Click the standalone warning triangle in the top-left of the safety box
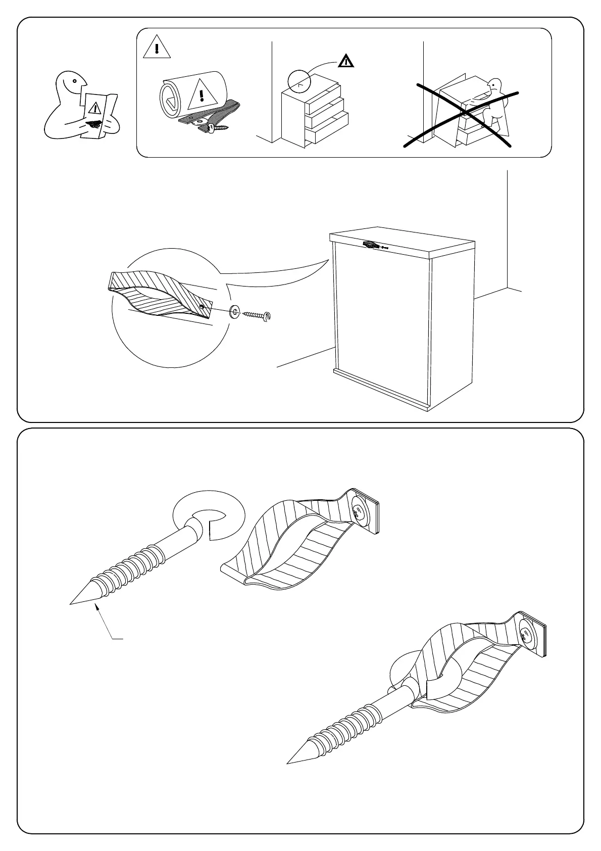[157, 48]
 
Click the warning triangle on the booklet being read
[94, 108]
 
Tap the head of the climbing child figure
[496, 86]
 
